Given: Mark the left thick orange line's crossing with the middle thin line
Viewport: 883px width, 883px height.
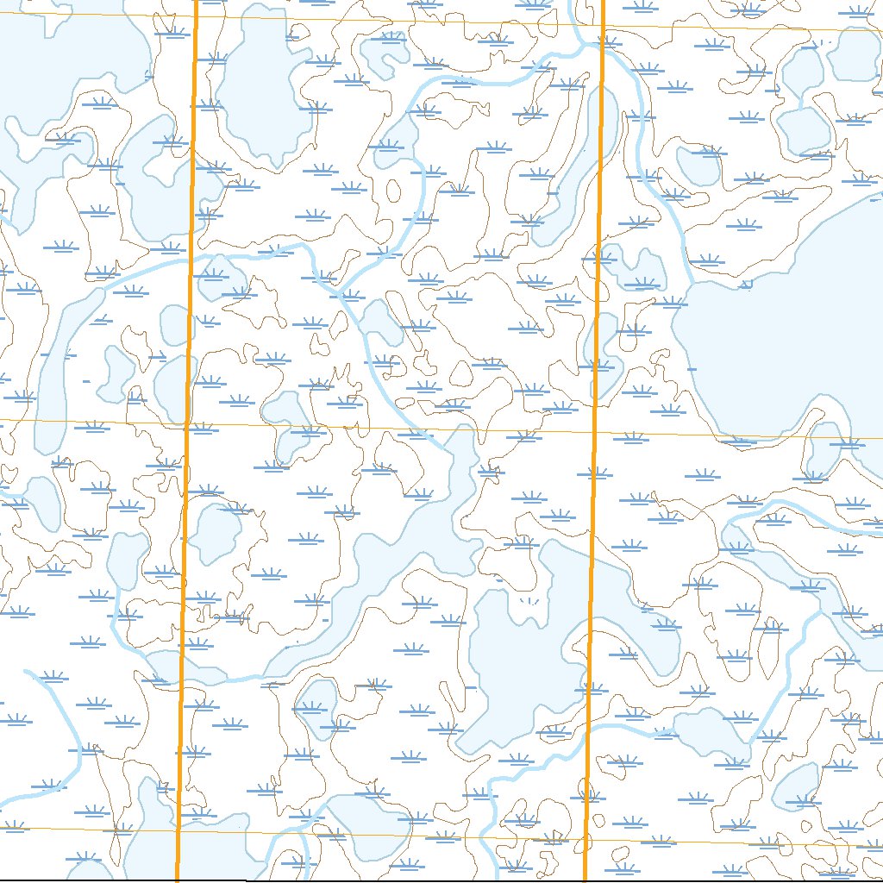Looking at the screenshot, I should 187,423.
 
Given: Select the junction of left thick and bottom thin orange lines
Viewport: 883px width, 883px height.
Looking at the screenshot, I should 178,830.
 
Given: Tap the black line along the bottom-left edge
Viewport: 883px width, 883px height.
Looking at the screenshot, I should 86,880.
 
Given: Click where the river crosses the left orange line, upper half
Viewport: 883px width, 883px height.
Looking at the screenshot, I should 191,258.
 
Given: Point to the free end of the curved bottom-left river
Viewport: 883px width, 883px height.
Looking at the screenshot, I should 27,672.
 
